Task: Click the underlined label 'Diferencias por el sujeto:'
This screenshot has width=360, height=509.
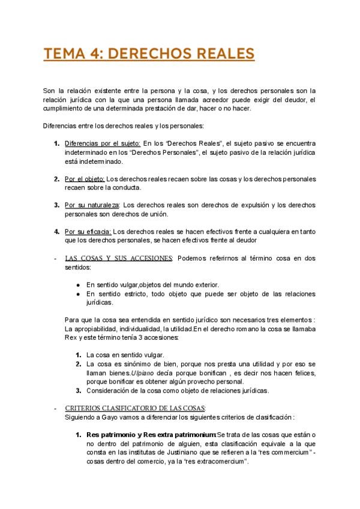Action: (103, 144)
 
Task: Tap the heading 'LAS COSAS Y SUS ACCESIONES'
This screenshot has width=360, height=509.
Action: (118, 258)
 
